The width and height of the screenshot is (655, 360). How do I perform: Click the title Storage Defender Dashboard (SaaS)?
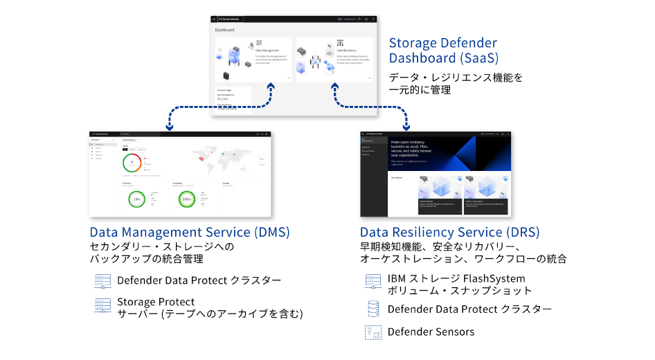tap(443, 51)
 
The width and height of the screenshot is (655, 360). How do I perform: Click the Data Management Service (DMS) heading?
tap(190, 232)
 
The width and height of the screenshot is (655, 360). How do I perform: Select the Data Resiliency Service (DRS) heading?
tap(449, 232)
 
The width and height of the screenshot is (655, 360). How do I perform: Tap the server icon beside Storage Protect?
tap(103, 307)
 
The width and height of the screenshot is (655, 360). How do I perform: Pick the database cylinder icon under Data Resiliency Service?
tap(373, 309)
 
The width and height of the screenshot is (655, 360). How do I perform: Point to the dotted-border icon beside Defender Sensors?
tap(373, 332)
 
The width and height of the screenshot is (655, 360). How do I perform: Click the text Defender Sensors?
tap(431, 332)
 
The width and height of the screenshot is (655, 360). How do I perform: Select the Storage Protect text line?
tap(156, 302)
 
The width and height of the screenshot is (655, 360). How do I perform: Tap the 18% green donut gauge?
tap(137, 199)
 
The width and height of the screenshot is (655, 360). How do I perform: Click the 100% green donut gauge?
tap(186, 199)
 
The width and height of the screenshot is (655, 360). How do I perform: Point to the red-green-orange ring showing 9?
tap(132, 163)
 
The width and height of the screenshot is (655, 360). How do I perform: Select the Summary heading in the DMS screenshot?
tap(130, 139)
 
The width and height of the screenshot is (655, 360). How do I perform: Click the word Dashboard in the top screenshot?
tap(224, 30)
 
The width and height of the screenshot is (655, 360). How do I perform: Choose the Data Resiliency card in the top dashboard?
tap(334, 58)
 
